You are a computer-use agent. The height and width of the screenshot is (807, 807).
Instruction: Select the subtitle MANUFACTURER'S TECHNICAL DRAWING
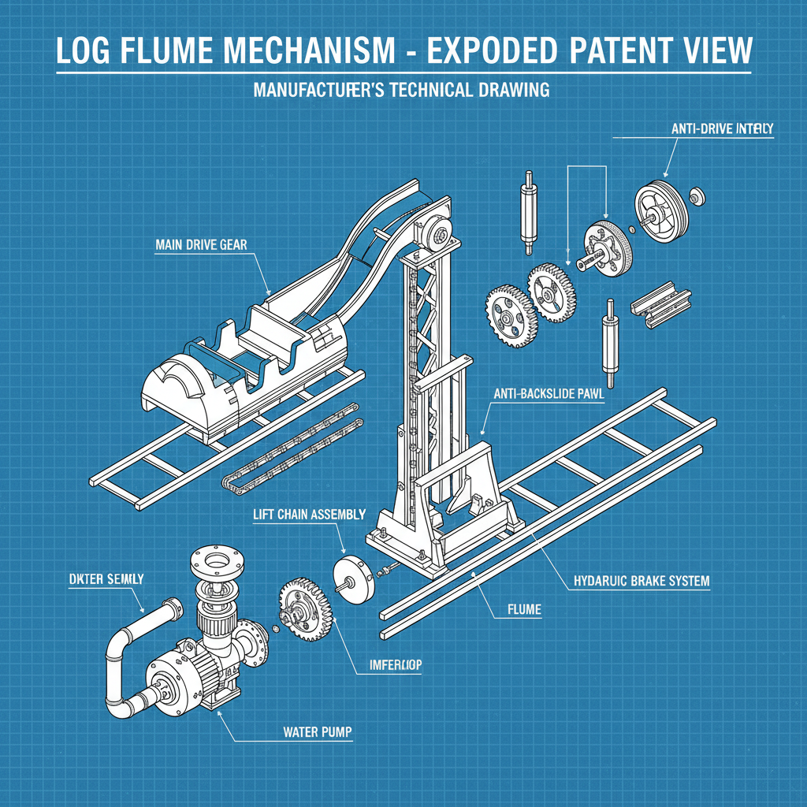[x=401, y=90]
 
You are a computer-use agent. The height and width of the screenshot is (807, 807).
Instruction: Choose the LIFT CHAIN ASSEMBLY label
[x=309, y=514]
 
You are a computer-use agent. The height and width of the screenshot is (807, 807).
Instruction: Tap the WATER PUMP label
[x=317, y=732]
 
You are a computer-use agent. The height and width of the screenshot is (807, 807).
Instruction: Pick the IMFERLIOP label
[x=396, y=665]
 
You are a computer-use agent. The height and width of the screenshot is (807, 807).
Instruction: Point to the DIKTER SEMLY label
[x=102, y=578]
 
